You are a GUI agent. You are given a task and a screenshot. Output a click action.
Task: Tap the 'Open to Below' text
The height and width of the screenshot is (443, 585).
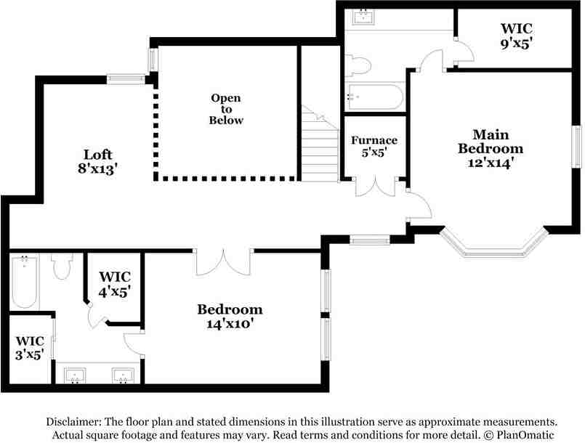pos(226,109)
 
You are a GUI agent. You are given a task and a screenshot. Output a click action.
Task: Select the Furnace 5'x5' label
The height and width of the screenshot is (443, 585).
pos(374,147)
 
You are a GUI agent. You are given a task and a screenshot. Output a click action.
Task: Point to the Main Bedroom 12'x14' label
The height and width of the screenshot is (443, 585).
pos(491,149)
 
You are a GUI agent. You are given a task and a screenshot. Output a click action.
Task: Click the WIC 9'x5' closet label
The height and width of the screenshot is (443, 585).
pos(517,36)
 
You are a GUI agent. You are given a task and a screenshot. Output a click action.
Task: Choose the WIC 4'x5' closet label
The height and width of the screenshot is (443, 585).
pos(114,284)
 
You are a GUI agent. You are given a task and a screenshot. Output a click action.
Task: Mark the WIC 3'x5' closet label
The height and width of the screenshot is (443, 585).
pos(30,347)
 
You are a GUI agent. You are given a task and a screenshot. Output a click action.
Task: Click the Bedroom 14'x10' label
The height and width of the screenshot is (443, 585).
pos(229,317)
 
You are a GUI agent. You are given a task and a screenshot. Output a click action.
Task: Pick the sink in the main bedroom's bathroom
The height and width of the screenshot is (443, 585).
pos(363,17)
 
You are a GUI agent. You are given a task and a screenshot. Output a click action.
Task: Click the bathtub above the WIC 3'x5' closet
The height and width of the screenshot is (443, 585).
pos(24,283)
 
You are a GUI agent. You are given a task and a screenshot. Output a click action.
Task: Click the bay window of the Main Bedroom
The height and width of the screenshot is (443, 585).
pos(493,247)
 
